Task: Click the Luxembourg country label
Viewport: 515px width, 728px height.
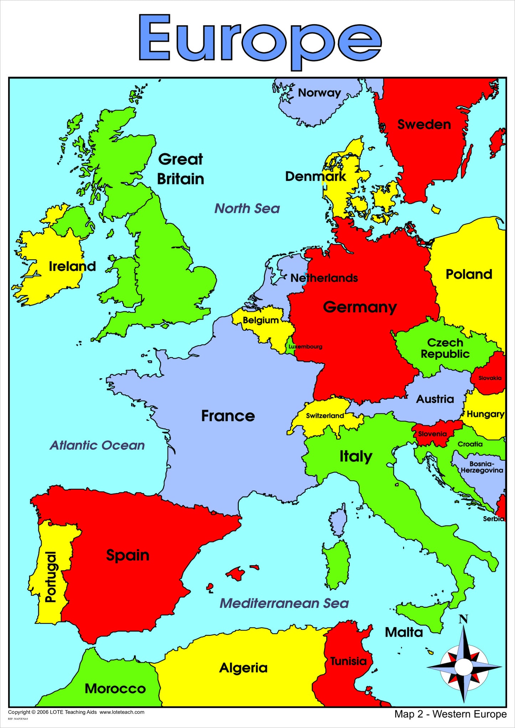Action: click(305, 347)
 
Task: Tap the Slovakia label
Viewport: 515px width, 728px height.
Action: click(490, 378)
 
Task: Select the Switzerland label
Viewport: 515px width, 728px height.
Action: click(325, 416)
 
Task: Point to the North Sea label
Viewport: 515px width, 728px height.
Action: click(247, 209)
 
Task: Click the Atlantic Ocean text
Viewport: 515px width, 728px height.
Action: click(97, 445)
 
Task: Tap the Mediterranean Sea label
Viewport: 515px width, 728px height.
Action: click(284, 603)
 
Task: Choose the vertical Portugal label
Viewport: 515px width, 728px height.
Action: click(51, 577)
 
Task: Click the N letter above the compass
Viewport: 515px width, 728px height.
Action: click(463, 619)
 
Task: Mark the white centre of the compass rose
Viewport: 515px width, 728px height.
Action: click(463, 667)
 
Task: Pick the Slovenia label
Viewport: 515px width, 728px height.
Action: click(432, 434)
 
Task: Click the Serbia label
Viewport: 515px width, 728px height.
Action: click(493, 519)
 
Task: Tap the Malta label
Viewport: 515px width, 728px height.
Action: click(404, 632)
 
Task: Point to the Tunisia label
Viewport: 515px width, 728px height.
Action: click(348, 661)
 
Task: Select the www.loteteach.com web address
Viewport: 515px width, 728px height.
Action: click(122, 712)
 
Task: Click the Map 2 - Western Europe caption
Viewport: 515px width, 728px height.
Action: click(450, 714)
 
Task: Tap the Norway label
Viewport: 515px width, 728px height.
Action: click(319, 93)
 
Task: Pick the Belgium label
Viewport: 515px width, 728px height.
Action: click(261, 320)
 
